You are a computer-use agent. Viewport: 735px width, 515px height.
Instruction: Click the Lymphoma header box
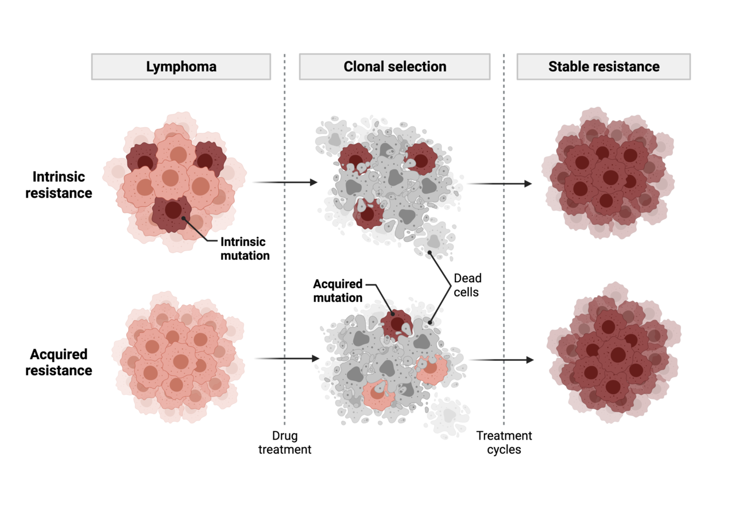[181, 67]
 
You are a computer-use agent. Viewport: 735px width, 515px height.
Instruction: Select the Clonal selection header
[394, 67]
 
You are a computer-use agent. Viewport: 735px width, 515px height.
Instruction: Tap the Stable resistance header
[604, 67]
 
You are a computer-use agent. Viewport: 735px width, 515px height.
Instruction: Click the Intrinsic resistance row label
[62, 185]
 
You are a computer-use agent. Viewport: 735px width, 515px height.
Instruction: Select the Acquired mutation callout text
[338, 291]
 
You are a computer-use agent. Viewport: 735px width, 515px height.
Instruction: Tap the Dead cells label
[467, 285]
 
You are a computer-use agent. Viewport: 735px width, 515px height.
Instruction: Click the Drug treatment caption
[285, 443]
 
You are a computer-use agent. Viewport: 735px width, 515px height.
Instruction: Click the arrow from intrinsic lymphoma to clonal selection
[285, 182]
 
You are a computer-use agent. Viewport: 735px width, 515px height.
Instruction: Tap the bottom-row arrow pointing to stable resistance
[501, 360]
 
